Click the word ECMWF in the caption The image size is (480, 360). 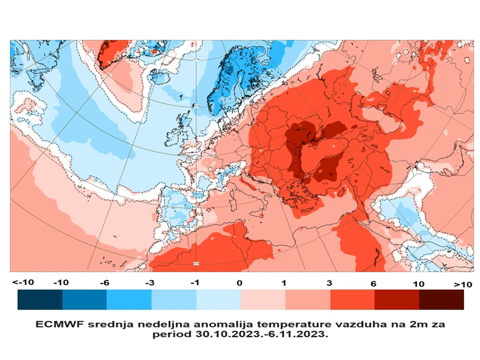tap(56, 324)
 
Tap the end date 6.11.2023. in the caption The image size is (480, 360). tap(297, 335)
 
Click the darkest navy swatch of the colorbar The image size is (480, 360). tap(40, 300)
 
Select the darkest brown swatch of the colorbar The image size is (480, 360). tap(441, 300)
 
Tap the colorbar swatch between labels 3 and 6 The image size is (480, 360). tap(352, 300)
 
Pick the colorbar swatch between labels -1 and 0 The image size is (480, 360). tap(219, 300)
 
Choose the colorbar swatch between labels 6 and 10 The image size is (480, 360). tap(397, 300)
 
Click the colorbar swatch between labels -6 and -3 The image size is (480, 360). tap(129, 300)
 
